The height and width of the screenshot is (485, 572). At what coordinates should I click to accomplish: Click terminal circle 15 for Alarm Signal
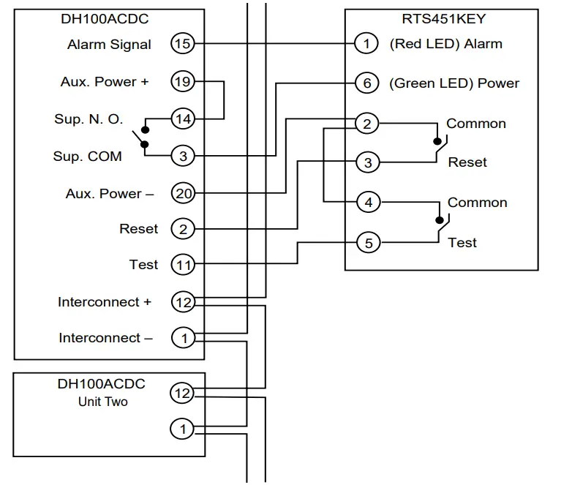tap(182, 44)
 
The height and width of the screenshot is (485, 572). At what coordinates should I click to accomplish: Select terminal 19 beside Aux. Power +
tap(182, 82)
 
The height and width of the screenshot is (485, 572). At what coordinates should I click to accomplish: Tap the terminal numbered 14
tap(182, 118)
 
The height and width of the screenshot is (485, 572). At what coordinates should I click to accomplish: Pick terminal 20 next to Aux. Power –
tap(182, 193)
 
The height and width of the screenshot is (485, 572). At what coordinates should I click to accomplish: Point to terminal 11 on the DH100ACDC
tap(182, 264)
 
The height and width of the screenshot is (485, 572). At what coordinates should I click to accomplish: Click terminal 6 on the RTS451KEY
tap(367, 83)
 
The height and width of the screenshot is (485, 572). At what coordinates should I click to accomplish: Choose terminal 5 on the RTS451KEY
tap(368, 242)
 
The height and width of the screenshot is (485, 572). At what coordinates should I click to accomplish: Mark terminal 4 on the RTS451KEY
tap(368, 202)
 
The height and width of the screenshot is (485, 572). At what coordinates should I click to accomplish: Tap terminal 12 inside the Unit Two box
tap(182, 394)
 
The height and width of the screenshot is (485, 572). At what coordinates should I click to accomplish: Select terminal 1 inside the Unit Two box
tap(182, 429)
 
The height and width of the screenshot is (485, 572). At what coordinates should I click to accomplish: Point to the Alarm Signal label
tap(109, 45)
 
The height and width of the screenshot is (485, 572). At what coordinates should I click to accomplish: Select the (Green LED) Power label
tap(454, 83)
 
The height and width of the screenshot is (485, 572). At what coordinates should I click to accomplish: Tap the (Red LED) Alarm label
tap(445, 44)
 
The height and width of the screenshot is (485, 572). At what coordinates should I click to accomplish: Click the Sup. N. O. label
tap(89, 119)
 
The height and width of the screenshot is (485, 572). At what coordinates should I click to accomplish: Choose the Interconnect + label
tap(105, 301)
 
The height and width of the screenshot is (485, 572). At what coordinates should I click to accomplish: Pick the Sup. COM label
tap(88, 157)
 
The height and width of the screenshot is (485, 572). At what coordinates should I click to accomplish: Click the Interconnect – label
tap(105, 338)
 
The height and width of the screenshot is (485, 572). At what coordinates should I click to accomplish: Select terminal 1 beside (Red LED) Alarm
tap(366, 44)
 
